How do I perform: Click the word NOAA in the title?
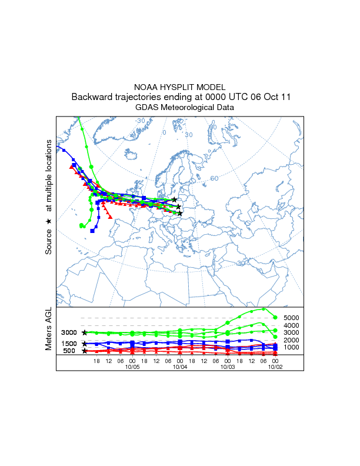click(x=146, y=86)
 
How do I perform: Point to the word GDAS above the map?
click(x=146, y=108)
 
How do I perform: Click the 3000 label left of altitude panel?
click(x=69, y=332)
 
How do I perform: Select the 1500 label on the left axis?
click(x=69, y=344)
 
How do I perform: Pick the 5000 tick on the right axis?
click(x=292, y=318)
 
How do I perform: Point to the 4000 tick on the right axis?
click(x=292, y=325)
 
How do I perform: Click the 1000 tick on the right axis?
click(x=292, y=348)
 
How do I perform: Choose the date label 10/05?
click(x=132, y=366)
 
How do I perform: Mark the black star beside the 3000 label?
click(x=85, y=332)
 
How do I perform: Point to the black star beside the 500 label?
click(x=85, y=351)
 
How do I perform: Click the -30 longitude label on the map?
click(x=141, y=121)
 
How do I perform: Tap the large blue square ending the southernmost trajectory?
click(x=92, y=231)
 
